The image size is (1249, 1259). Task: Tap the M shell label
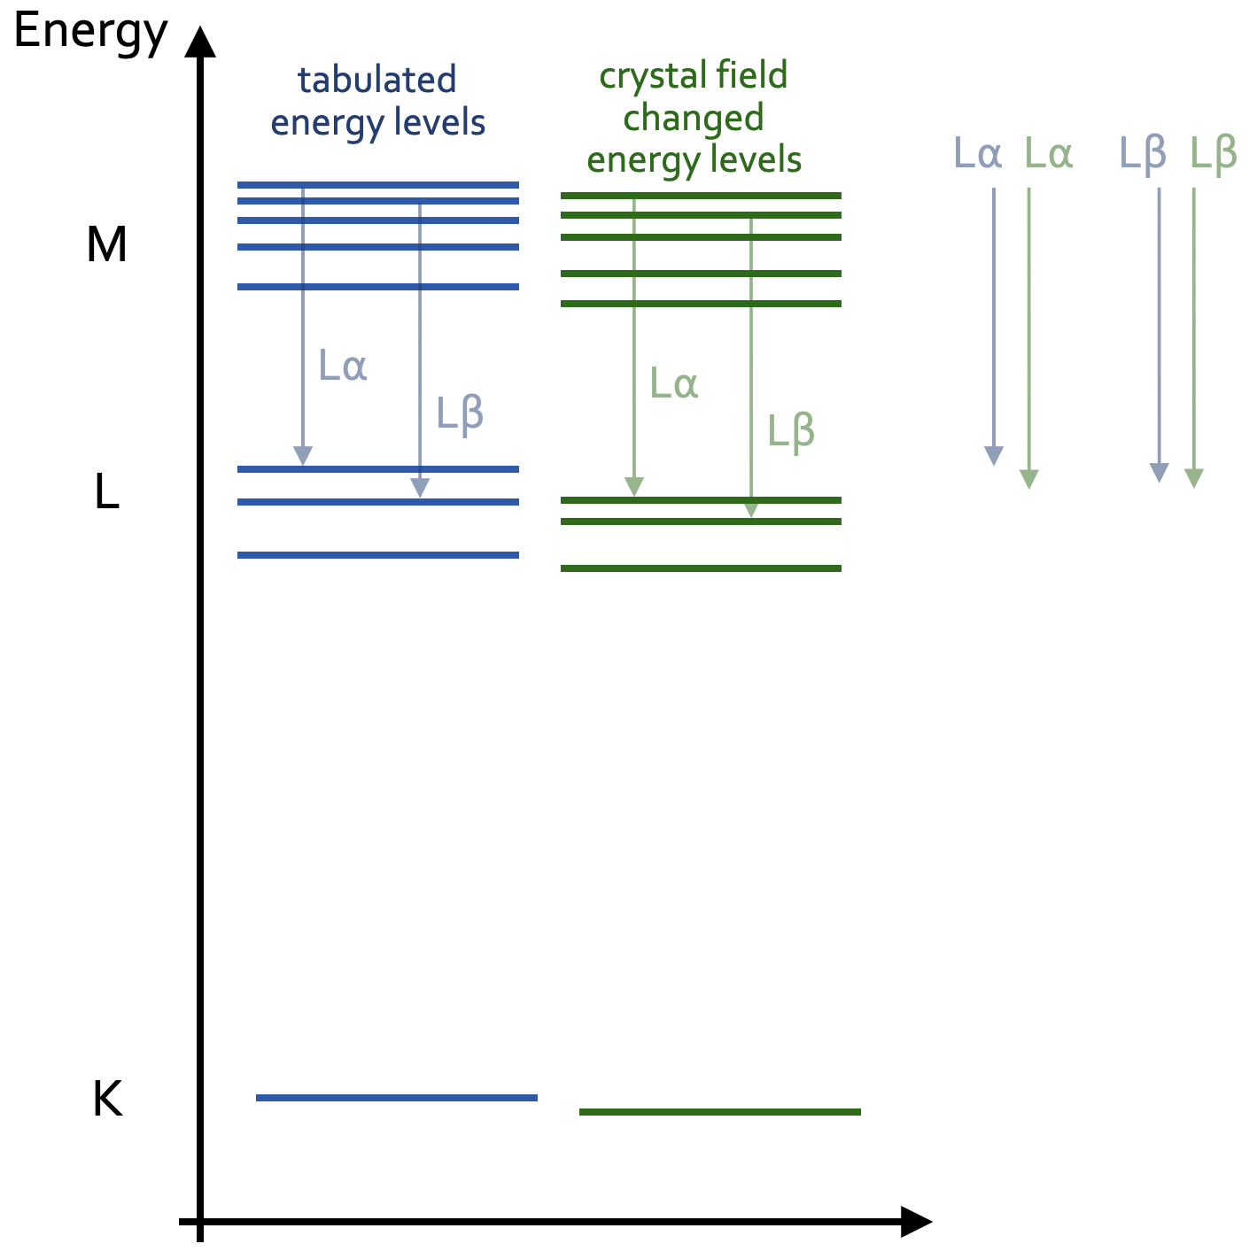pyautogui.click(x=106, y=244)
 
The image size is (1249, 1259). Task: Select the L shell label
pyautogui.click(x=107, y=490)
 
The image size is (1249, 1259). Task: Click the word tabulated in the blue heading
pyautogui.click(x=376, y=80)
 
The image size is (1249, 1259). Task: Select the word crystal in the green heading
pyautogui.click(x=651, y=77)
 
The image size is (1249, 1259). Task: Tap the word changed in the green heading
pyautogui.click(x=694, y=119)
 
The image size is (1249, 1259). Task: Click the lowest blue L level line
pyautogui.click(x=378, y=555)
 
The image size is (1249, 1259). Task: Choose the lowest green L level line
pyautogui.click(x=701, y=568)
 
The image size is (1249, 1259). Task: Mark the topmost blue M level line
pyautogui.click(x=378, y=186)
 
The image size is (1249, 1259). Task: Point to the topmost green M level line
pyautogui.click(x=701, y=196)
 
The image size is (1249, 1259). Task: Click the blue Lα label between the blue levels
pyautogui.click(x=342, y=366)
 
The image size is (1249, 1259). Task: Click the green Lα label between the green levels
pyautogui.click(x=673, y=382)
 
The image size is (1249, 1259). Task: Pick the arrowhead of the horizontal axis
pyautogui.click(x=916, y=1222)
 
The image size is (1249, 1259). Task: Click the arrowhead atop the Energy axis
pyautogui.click(x=200, y=42)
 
